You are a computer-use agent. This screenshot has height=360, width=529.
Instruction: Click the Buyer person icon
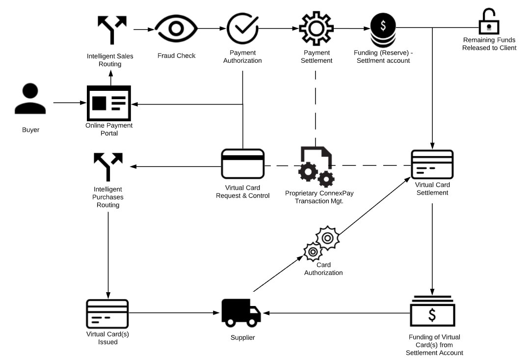[30, 100]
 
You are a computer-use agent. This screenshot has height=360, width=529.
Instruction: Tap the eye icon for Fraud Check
[176, 29]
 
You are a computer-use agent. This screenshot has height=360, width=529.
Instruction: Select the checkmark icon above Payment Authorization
[242, 29]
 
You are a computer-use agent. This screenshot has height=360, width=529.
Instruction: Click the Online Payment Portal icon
[109, 103]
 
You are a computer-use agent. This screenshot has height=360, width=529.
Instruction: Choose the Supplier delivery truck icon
[241, 313]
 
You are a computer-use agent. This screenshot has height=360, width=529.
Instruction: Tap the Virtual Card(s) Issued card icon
[107, 314]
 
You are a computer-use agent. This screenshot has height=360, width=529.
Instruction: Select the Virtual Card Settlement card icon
[432, 165]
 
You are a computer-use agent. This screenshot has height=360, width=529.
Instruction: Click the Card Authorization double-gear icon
[322, 244]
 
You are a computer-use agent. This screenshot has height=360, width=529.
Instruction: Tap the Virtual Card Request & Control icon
[243, 164]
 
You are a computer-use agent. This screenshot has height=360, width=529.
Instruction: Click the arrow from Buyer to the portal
[69, 103]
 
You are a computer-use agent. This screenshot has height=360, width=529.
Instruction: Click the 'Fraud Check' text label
[176, 55]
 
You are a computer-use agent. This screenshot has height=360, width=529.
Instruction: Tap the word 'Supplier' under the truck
[243, 337]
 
